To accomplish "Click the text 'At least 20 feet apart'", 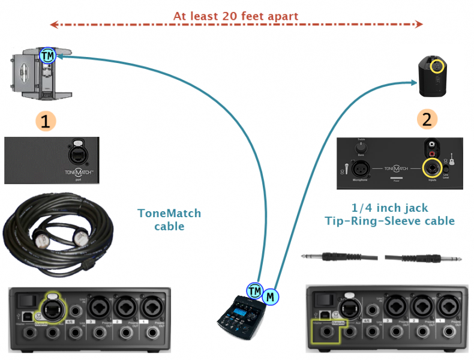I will coord(236,16).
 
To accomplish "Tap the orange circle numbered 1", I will coord(46,120).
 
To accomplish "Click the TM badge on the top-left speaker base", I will coord(47,56).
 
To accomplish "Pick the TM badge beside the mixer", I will coord(255,292).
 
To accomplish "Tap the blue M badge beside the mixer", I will coord(271,296).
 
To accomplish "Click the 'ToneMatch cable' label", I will coord(169,220).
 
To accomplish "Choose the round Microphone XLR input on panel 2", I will coord(360,168).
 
